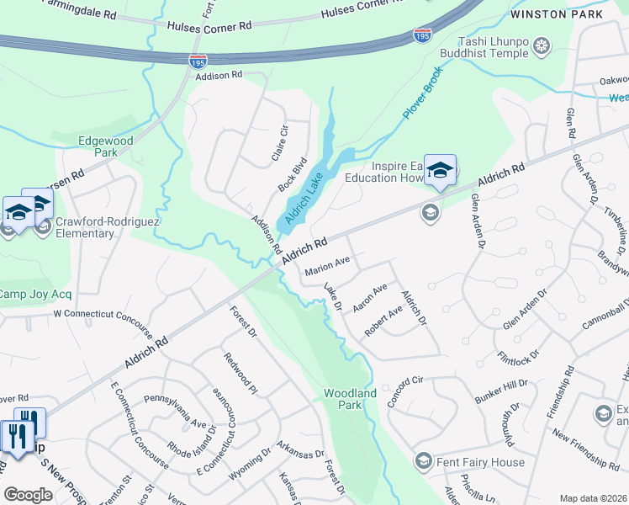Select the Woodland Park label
click(350, 399)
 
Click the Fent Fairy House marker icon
click(424, 462)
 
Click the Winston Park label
click(556, 14)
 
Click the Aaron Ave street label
click(370, 298)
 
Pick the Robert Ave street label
click(383, 321)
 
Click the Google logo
click(28, 495)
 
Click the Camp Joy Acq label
click(35, 294)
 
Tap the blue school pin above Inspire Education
click(439, 171)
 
